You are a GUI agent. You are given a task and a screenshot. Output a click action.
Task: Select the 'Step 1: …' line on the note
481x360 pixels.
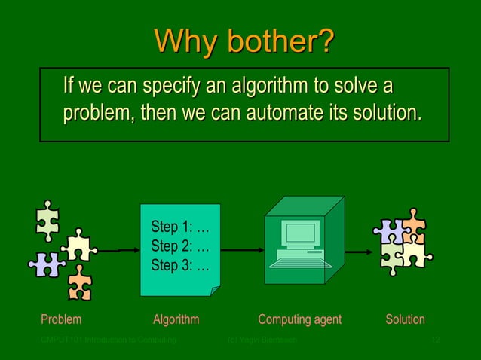tap(180, 227)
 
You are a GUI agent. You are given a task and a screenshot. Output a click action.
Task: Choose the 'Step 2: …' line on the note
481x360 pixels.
tap(180, 246)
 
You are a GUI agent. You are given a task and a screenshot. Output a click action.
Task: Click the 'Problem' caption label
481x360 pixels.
tap(61, 319)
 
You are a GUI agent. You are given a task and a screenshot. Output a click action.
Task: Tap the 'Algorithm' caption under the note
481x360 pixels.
tap(176, 319)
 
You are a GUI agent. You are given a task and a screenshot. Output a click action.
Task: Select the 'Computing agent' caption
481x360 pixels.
tap(299, 319)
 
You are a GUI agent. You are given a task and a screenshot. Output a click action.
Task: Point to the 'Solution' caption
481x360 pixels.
tap(405, 319)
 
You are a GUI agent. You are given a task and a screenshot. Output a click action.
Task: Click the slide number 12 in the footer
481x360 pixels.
tap(435, 341)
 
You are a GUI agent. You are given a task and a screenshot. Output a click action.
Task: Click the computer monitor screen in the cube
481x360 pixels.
tap(299, 233)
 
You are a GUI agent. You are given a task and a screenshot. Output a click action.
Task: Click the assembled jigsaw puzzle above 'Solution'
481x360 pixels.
tap(403, 242)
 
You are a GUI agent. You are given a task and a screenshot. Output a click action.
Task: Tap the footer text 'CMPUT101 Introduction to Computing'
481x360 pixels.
tap(109, 341)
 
